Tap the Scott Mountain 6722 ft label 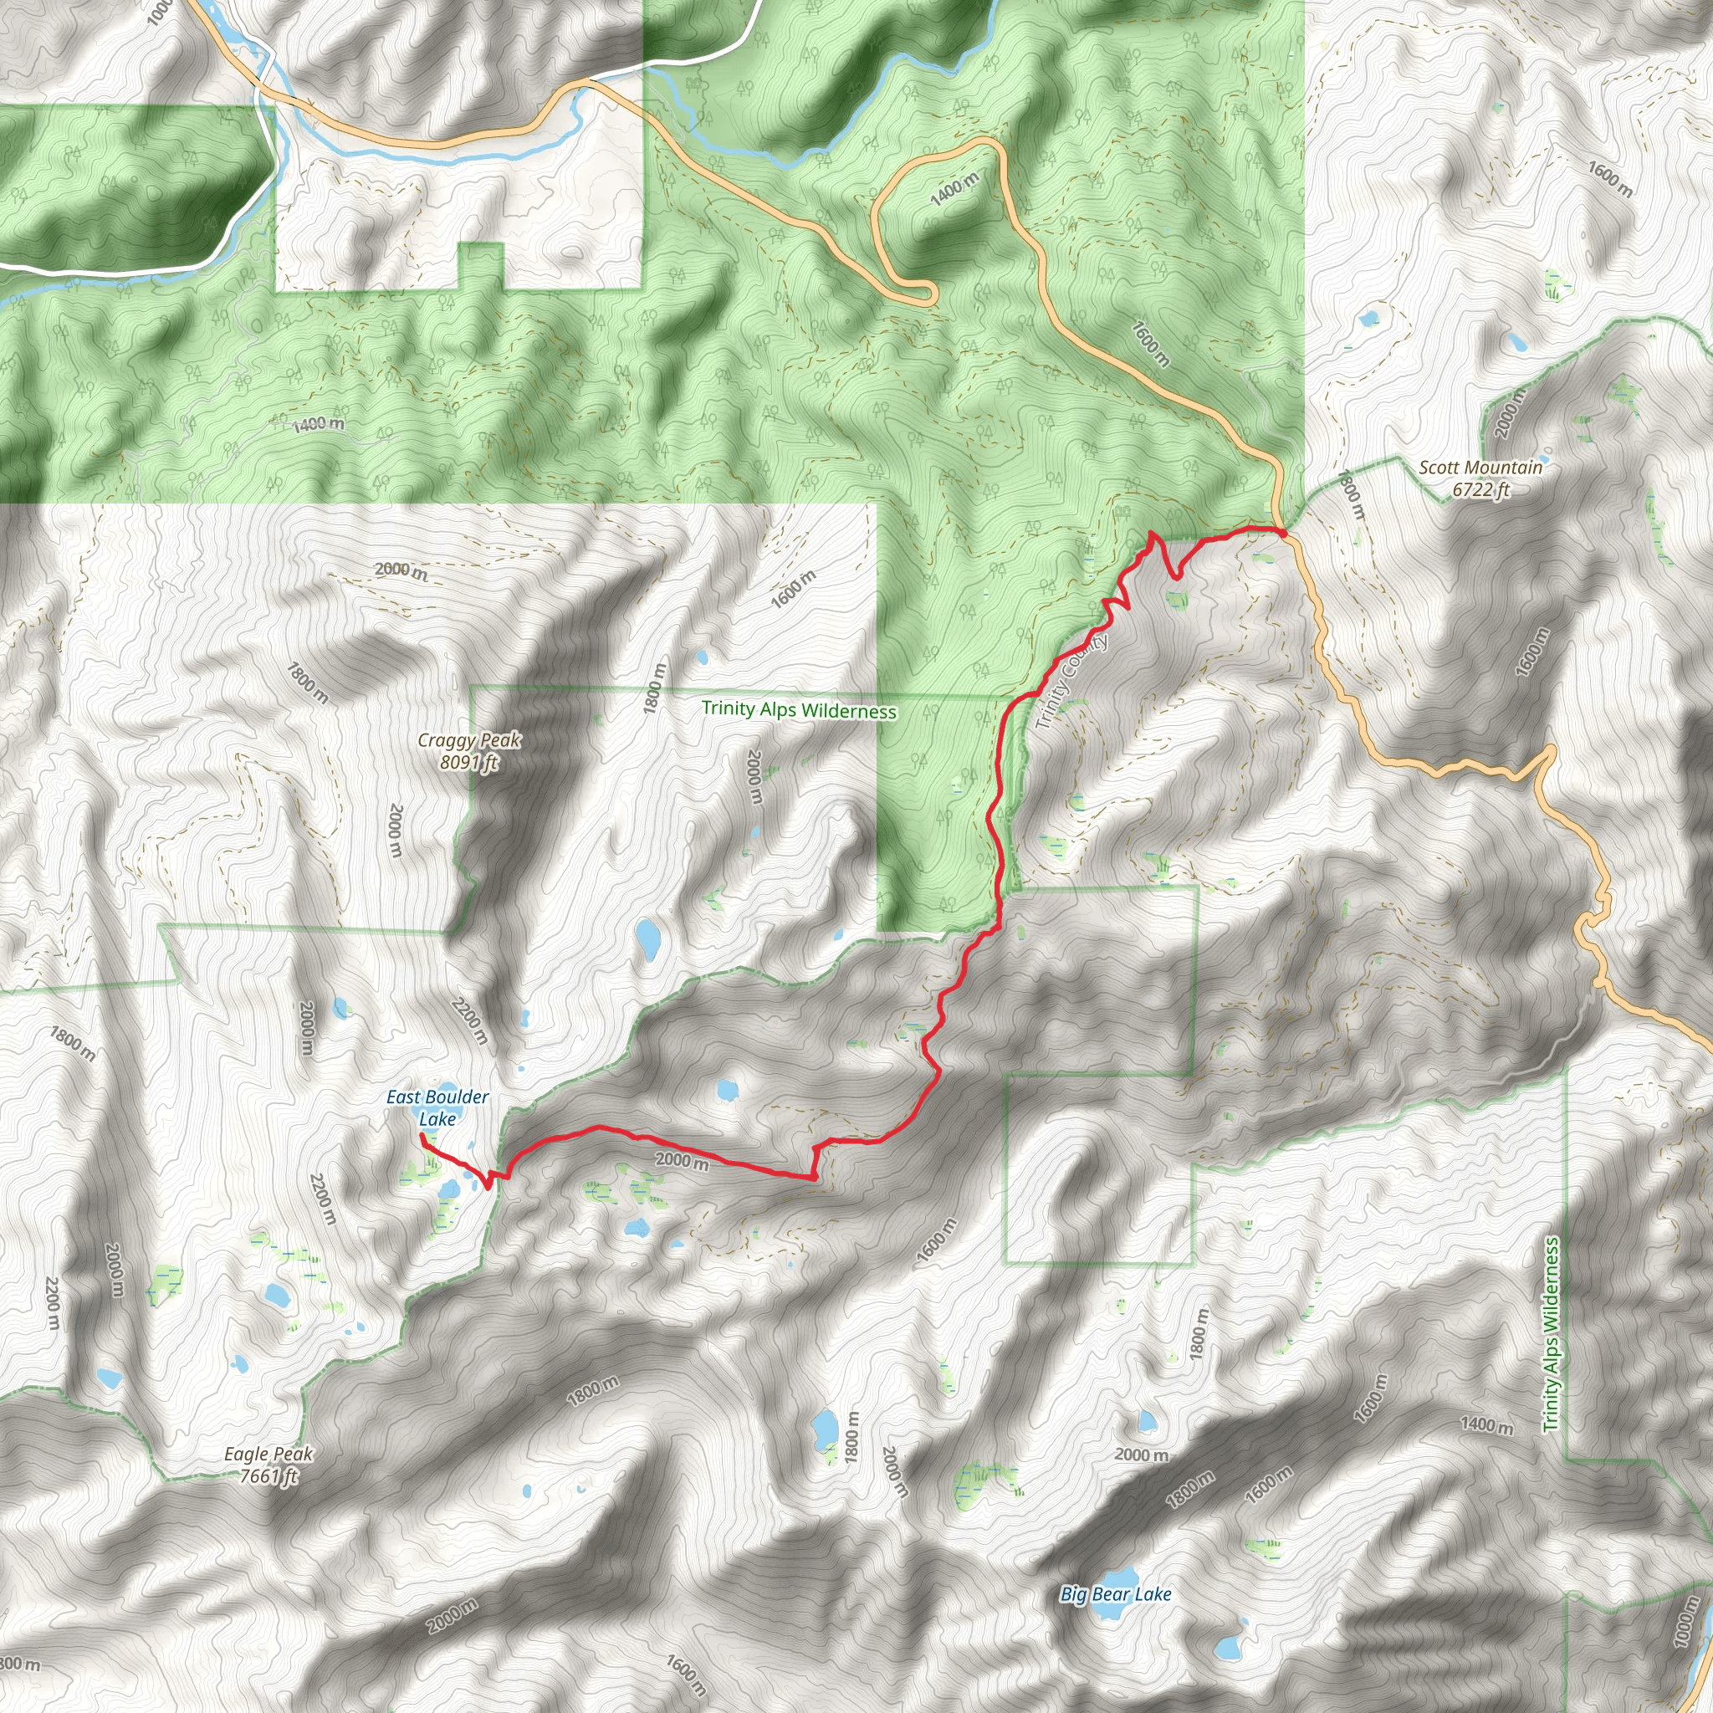1480,478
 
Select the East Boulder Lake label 437,1107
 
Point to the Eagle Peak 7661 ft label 268,1464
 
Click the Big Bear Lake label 1116,1594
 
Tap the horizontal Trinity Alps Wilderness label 798,709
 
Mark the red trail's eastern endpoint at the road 1282,531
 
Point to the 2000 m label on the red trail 682,1160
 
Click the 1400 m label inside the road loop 954,189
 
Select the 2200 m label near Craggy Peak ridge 469,1020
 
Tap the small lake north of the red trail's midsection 727,1089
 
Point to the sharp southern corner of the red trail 813,1179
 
